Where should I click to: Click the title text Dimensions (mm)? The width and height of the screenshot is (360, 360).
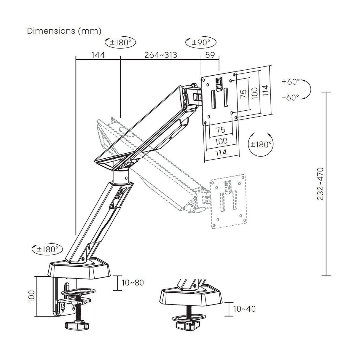click(x=64, y=31)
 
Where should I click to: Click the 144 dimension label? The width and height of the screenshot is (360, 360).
click(x=98, y=55)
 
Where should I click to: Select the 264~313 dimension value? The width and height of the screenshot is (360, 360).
click(x=161, y=55)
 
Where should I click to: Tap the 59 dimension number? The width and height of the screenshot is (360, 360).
click(x=210, y=55)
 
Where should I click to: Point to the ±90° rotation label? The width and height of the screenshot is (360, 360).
click(x=201, y=43)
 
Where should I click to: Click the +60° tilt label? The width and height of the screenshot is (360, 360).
click(x=291, y=82)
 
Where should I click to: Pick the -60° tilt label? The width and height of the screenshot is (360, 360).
click(x=291, y=97)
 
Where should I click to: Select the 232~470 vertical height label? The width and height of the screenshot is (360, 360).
click(x=320, y=184)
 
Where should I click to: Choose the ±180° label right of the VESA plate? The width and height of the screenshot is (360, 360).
click(x=261, y=144)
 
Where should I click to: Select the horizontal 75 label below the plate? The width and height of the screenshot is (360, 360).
click(x=221, y=130)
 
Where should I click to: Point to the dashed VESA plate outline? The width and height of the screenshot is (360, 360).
click(x=228, y=202)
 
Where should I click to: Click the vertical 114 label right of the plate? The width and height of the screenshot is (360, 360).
click(x=265, y=90)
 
